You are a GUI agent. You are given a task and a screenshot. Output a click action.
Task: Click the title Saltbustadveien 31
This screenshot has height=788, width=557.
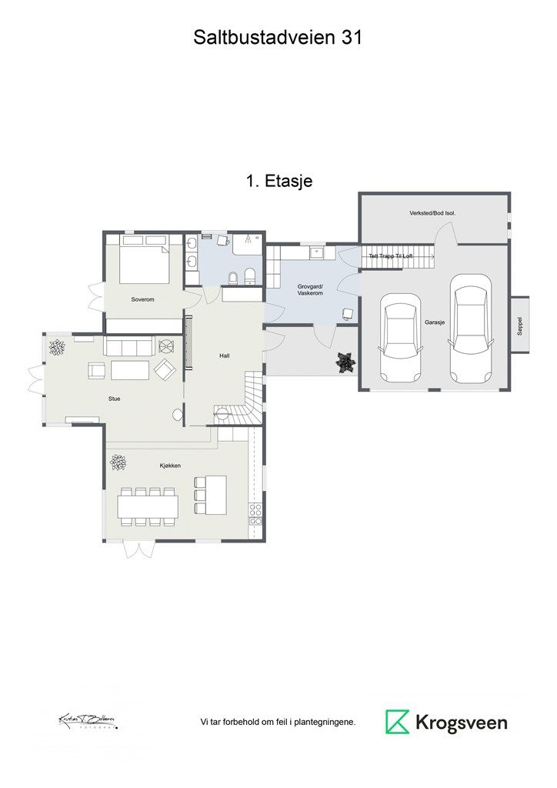[x=278, y=37]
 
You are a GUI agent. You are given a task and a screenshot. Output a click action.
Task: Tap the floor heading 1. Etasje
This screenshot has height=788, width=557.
[x=278, y=182]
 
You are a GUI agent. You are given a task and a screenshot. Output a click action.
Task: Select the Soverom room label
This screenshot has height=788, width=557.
[x=143, y=299]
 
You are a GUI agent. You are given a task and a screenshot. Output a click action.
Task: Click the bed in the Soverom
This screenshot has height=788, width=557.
[x=144, y=262]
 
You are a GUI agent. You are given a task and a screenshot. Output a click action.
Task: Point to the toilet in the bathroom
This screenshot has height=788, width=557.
[x=249, y=276]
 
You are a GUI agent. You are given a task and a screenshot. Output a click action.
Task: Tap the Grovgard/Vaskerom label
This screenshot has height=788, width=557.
[x=310, y=290]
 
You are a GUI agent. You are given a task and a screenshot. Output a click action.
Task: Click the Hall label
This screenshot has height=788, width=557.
[x=225, y=356]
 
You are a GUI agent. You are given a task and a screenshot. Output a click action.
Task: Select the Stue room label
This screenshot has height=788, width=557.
[x=115, y=399]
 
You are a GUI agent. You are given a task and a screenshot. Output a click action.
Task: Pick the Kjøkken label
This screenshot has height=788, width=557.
[x=170, y=466]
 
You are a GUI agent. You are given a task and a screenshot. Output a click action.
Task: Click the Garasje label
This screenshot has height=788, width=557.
[x=435, y=324]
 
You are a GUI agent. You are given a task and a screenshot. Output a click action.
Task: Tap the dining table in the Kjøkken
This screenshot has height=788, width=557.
[x=148, y=506]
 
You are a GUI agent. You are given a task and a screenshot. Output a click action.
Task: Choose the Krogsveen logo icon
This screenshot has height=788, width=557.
[x=398, y=722]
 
